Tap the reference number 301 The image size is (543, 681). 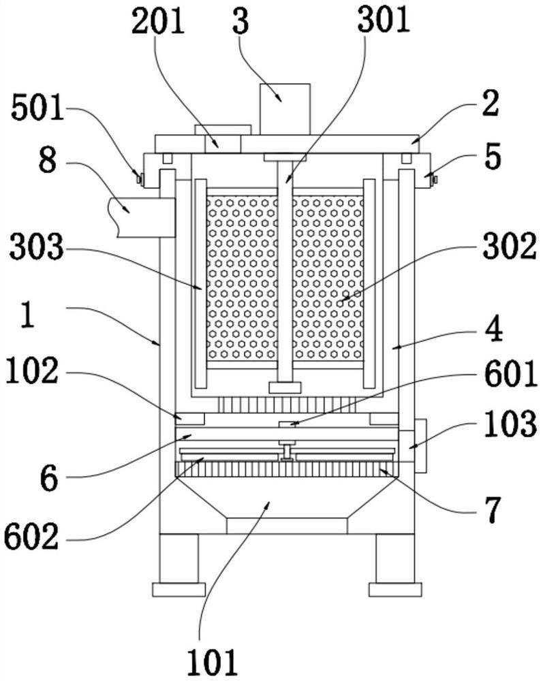tap(384, 20)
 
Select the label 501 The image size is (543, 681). tap(37, 108)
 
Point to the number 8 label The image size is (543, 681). tap(48, 162)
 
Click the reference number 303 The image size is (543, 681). tap(37, 249)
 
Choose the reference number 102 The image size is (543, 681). tap(32, 371)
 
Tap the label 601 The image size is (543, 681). tap(511, 375)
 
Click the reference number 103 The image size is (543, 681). tap(511, 424)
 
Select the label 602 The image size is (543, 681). tap(31, 537)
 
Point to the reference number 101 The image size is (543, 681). tap(213, 663)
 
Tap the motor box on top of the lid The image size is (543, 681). tap(285, 109)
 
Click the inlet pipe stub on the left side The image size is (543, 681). tap(142, 217)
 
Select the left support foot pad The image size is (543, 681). tap(179, 589)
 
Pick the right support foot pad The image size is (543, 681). tap(395, 589)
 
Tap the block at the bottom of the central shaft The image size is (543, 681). tap(285, 387)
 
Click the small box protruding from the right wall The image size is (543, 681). tap(420, 446)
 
